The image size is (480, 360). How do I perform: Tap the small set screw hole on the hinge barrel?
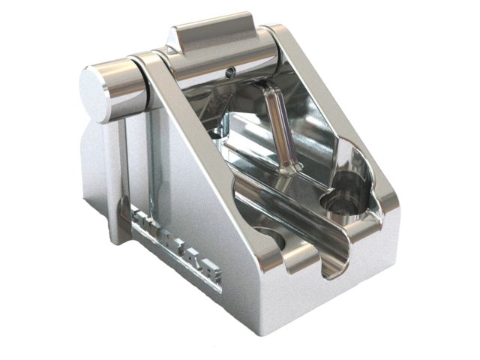tap(231, 72)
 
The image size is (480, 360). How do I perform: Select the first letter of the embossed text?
tap(139, 217)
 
